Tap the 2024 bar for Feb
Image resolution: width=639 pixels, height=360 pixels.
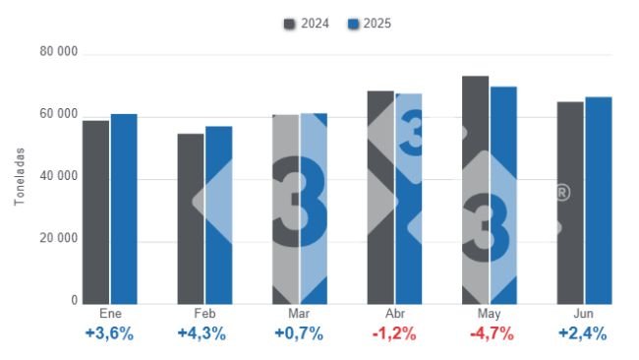tap(191, 218)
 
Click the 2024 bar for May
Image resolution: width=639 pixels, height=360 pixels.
tap(476, 190)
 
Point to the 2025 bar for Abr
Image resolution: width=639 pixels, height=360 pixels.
tap(409, 198)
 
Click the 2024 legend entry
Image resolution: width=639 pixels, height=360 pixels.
tap(308, 23)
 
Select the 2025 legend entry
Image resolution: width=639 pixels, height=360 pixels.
tap(372, 23)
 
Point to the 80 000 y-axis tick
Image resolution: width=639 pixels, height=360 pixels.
tap(59, 52)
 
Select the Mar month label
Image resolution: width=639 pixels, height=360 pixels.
tap(299, 312)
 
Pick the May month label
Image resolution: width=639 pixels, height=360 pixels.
tap(489, 312)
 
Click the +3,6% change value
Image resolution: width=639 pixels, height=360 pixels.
tap(109, 332)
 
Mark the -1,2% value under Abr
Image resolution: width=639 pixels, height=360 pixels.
tap(393, 332)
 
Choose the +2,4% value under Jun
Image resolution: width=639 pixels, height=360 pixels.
tap(583, 332)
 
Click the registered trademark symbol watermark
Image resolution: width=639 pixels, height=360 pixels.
tap(561, 193)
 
